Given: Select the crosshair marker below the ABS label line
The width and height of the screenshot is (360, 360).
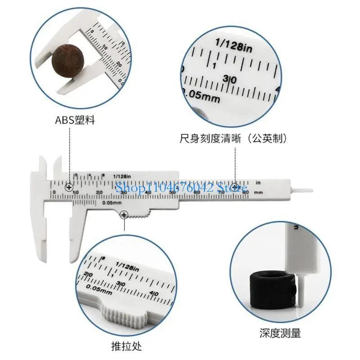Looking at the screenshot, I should click(69, 187).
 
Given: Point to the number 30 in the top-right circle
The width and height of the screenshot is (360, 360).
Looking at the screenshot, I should click(230, 80).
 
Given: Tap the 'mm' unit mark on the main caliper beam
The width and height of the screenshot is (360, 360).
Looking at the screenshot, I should click(258, 193).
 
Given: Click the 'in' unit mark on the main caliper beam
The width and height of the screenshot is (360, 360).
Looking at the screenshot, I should click(258, 183).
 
